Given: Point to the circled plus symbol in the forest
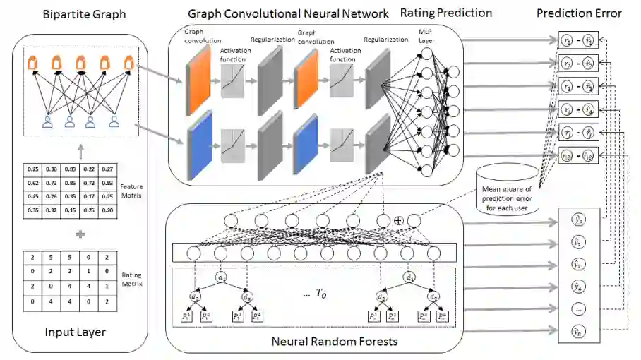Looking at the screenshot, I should pos(399,221).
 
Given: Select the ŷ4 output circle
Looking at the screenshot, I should pos(577,287).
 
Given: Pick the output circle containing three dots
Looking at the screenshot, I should pos(577,309).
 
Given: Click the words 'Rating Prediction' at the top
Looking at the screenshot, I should pos(445,13).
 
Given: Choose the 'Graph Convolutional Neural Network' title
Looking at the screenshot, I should pos(288,13).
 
